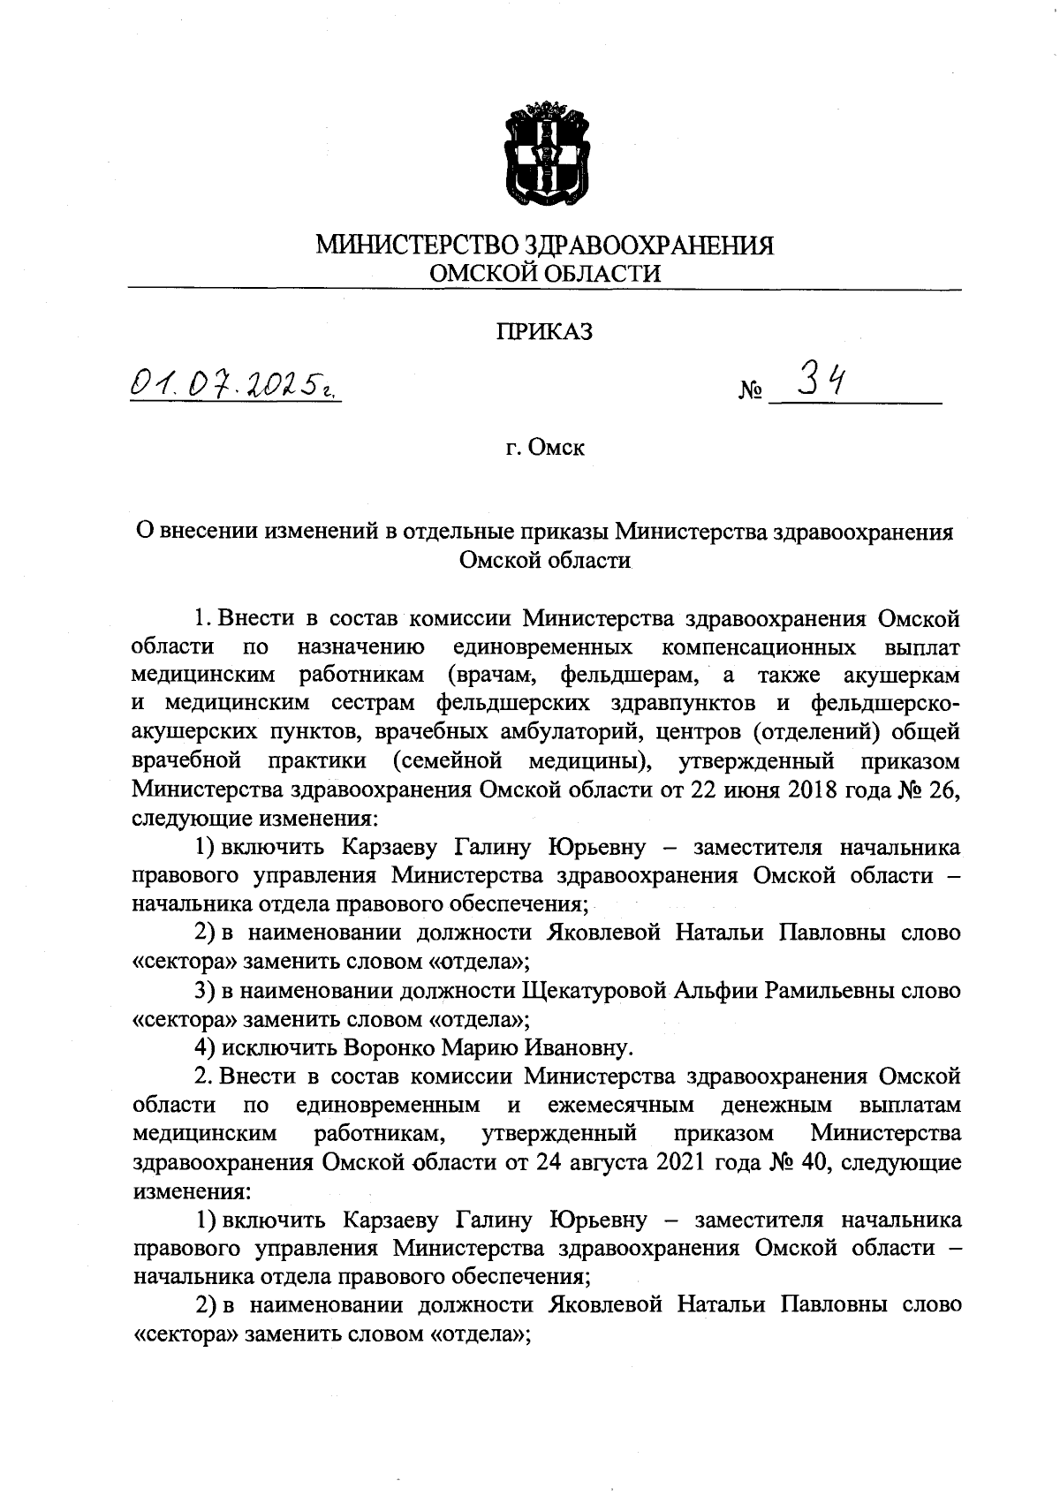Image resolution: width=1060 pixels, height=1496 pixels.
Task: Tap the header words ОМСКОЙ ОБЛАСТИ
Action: [544, 274]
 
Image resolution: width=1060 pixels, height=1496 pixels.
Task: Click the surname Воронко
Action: [389, 1048]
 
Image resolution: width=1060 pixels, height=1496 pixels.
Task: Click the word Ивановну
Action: [577, 1048]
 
